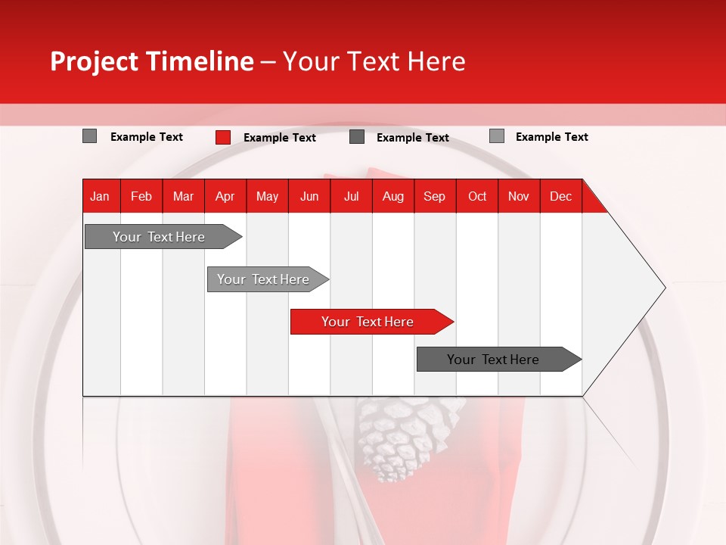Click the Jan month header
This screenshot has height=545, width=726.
tap(100, 196)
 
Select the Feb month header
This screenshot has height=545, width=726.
tap(141, 196)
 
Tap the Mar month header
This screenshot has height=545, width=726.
tap(183, 196)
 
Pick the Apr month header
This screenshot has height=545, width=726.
tap(225, 196)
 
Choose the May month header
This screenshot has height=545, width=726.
tap(267, 196)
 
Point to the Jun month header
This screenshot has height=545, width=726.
tap(309, 196)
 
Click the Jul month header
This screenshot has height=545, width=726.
tap(351, 196)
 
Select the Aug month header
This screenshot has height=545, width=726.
tap(393, 196)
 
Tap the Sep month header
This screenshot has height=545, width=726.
tap(435, 196)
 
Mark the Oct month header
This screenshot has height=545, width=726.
tap(477, 196)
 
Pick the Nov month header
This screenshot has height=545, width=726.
tap(519, 196)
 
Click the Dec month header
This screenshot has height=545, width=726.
tap(561, 196)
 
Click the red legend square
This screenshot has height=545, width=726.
tap(223, 137)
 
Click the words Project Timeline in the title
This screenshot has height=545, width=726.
tap(152, 61)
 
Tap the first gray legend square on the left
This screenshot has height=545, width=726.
tap(90, 136)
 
